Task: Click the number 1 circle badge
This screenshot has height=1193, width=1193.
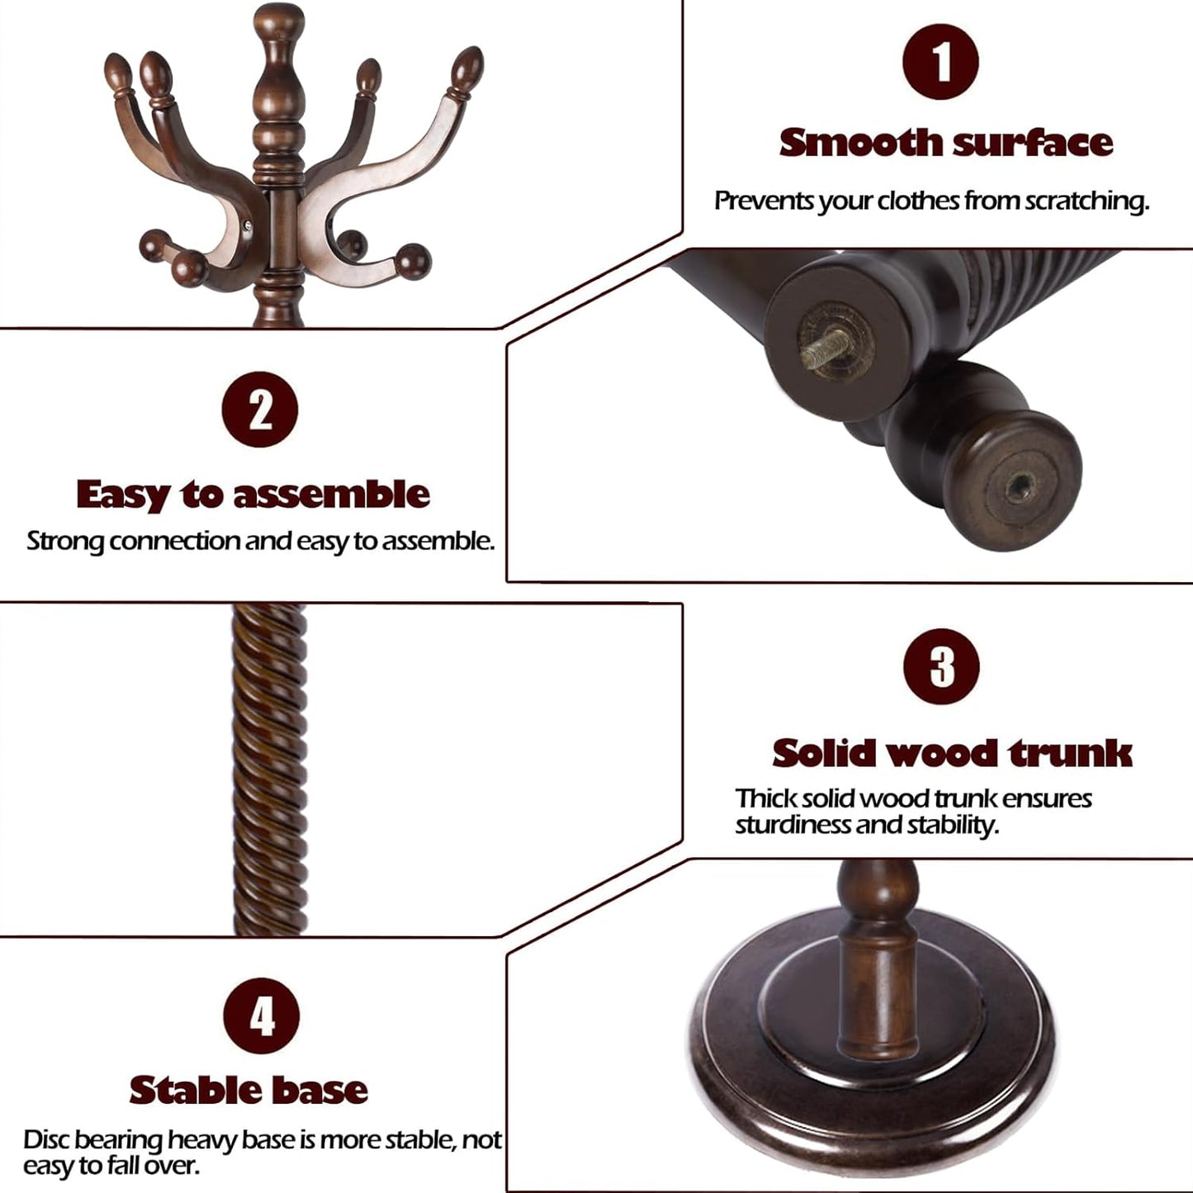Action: point(940,63)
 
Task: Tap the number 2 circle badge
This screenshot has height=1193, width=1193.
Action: point(260,410)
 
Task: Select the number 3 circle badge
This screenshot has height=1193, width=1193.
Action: point(941,666)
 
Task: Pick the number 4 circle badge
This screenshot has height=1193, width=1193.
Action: point(262,1015)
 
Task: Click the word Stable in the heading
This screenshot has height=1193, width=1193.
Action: point(194,1090)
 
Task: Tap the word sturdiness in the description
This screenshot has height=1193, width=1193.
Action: point(793,825)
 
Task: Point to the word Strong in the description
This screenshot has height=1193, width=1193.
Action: point(65,542)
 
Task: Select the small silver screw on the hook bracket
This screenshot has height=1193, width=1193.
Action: point(251,220)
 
